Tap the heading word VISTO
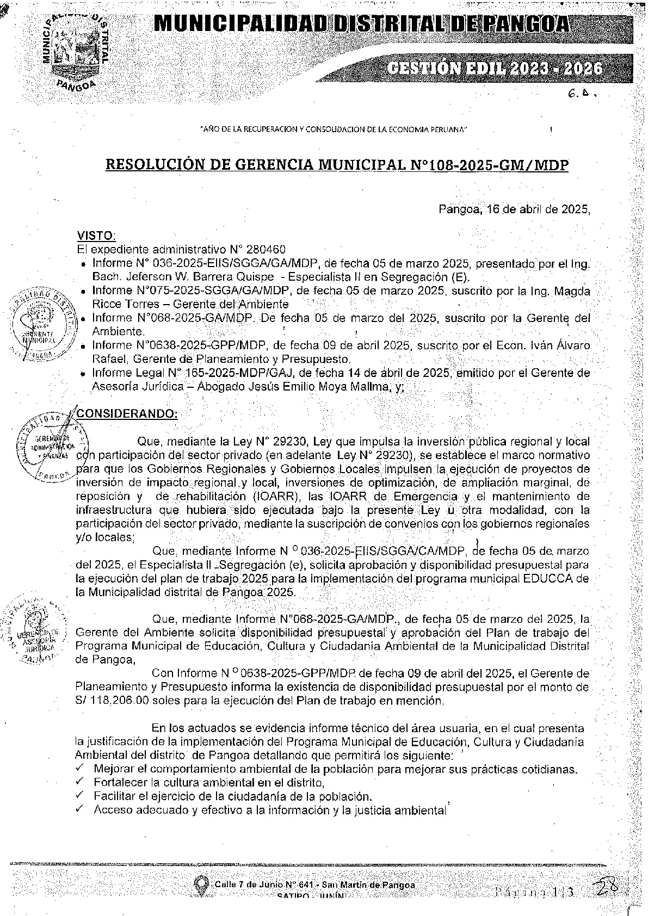[96, 236]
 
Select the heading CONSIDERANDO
[127, 413]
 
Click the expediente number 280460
[265, 250]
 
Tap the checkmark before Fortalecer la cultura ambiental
[80, 782]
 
